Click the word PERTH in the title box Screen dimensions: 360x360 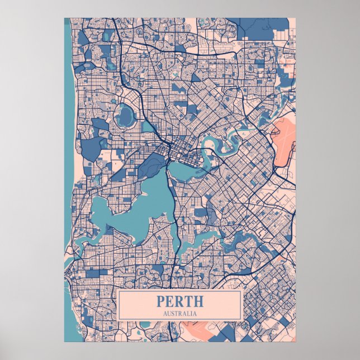180,301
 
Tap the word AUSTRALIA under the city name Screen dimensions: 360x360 180,313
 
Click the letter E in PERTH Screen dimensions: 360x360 170,301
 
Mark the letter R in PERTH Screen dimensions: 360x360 179,301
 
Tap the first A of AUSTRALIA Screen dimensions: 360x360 165,313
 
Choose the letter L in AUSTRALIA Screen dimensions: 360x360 189,313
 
